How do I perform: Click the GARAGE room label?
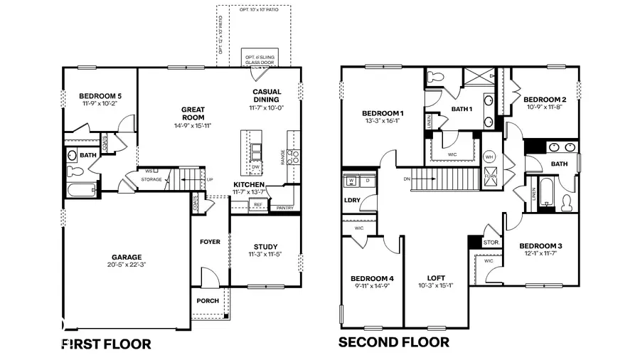[x=125, y=257]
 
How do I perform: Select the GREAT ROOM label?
[x=192, y=114]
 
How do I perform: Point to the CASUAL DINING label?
[x=266, y=95]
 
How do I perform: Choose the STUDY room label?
[x=265, y=246]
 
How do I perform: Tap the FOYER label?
[x=210, y=242]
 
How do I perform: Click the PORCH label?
[x=208, y=300]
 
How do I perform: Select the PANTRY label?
[x=285, y=208]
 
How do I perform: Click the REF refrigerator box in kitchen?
[x=258, y=204]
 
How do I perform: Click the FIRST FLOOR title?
[x=107, y=344]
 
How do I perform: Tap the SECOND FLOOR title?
[x=393, y=342]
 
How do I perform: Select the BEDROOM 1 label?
[x=383, y=113]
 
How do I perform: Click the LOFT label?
[x=436, y=277]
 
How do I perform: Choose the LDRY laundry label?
[x=351, y=200]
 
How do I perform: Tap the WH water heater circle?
[x=489, y=156]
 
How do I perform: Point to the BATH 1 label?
[x=462, y=109]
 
